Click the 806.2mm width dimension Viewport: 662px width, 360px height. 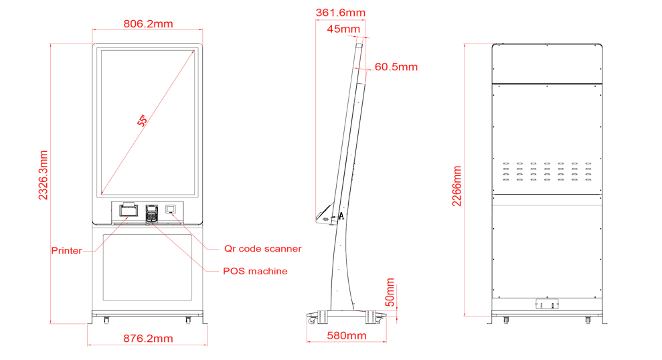148,23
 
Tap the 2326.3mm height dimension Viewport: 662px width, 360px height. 43,175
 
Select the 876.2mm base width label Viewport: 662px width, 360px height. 148,339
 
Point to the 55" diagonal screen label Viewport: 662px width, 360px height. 143,120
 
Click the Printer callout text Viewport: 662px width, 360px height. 66,251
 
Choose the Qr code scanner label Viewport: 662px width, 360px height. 262,248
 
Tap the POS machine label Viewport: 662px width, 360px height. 255,271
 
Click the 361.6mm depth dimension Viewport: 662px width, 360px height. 340,13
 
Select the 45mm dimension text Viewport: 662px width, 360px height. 343,29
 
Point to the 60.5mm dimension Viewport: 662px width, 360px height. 396,67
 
